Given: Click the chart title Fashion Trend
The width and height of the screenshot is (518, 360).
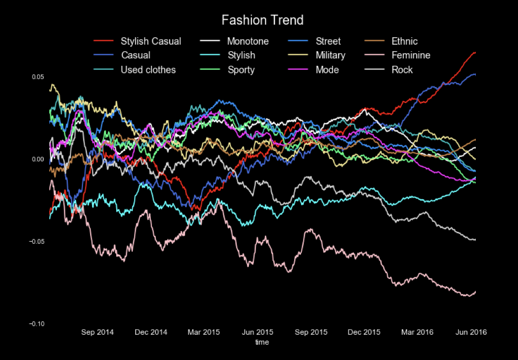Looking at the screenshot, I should (x=263, y=20).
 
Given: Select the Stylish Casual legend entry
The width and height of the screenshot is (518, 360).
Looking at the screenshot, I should (x=150, y=41).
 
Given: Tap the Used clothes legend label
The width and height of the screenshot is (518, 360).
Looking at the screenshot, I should (x=148, y=70).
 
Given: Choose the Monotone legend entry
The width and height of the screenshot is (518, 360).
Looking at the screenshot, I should (x=247, y=41).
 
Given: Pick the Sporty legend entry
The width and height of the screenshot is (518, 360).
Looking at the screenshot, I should (x=241, y=70).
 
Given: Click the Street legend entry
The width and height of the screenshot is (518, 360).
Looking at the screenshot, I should (x=328, y=41).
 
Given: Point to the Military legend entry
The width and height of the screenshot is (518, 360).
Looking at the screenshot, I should (x=330, y=55).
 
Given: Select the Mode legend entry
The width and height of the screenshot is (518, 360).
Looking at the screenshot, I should (x=327, y=70).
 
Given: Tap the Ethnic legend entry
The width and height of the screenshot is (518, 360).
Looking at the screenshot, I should (x=404, y=41).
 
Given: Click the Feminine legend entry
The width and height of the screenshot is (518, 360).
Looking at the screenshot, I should (x=411, y=55).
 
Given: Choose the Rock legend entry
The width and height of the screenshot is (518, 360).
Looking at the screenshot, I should (x=402, y=70).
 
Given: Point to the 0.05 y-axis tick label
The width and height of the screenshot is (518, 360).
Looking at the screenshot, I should (x=38, y=76).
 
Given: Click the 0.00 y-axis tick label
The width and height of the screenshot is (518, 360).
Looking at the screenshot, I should (x=38, y=159).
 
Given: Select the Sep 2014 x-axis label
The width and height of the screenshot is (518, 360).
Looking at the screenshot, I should (x=98, y=332).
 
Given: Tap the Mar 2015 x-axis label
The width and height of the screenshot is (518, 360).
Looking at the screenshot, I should (x=204, y=332).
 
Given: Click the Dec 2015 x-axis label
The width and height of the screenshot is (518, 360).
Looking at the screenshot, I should (x=364, y=332).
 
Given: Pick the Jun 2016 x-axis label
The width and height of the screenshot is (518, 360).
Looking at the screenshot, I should (x=471, y=332).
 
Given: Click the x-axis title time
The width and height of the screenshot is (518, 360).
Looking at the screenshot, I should (x=262, y=342).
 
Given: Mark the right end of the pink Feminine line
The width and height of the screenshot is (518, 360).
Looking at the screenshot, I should (x=475, y=292).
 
